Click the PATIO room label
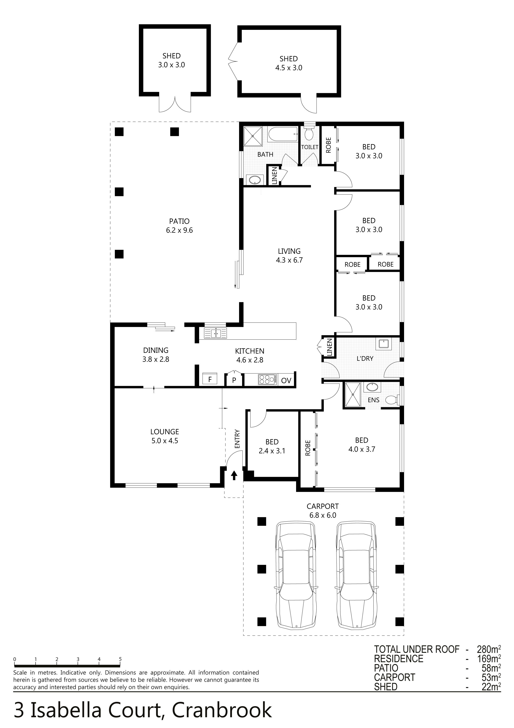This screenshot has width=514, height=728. coord(179,221)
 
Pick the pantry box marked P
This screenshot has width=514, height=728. coord(234,379)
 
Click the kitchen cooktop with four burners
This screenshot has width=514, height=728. coord(267,380)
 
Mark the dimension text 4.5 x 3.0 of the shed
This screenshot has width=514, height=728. coord(289,68)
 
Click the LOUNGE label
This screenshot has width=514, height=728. coord(165,432)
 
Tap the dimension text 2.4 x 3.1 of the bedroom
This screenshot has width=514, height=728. coord(272,451)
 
